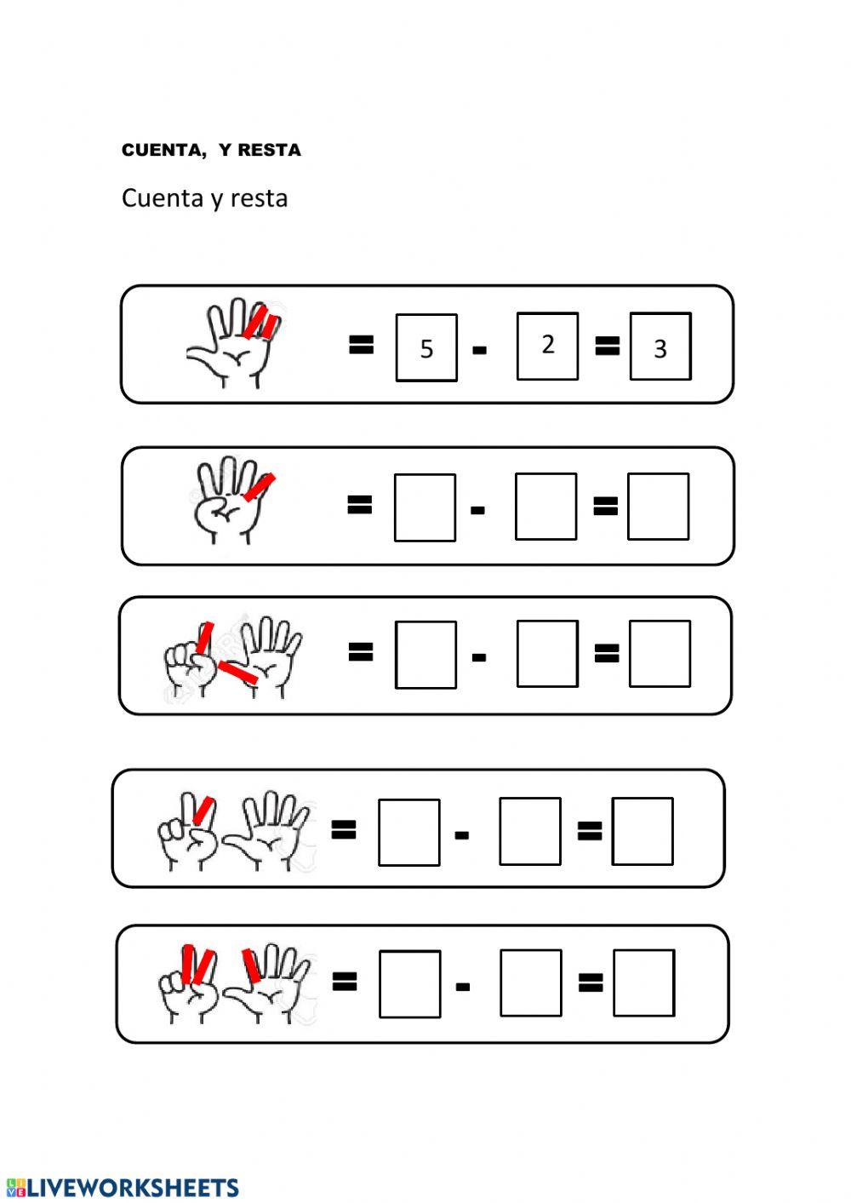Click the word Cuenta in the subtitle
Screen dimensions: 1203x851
coord(163,198)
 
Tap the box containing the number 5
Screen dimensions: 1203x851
coord(426,347)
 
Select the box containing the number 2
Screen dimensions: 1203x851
coord(547,346)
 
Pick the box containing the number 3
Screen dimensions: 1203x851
coord(660,347)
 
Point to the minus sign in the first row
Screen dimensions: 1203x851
coord(479,350)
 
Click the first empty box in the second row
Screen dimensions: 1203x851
coord(425,507)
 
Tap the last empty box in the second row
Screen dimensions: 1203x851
coord(658,507)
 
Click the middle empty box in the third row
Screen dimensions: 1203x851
coord(547,654)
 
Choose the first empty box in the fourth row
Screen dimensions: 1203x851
coord(409,832)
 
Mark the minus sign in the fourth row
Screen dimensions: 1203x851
coord(462,835)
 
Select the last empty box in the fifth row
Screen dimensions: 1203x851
coord(643,983)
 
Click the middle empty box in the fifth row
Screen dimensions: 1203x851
coord(530,983)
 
